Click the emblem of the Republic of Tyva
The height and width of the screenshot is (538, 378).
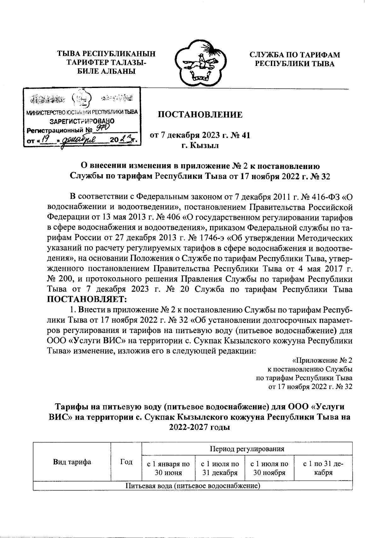point(199,63)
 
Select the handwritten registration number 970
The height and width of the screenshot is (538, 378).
point(103,127)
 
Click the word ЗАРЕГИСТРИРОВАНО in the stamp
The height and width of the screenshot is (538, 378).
point(83,121)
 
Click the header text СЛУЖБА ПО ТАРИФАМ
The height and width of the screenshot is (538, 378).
point(295,55)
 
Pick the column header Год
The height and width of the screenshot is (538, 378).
point(126,462)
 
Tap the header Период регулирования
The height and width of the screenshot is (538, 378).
point(247,448)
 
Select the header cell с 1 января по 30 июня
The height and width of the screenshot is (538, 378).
point(169,468)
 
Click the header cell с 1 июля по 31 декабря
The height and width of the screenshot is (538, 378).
point(220,468)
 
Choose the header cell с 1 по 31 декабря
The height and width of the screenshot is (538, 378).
point(323,468)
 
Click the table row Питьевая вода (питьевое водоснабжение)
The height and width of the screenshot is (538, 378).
point(192,485)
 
